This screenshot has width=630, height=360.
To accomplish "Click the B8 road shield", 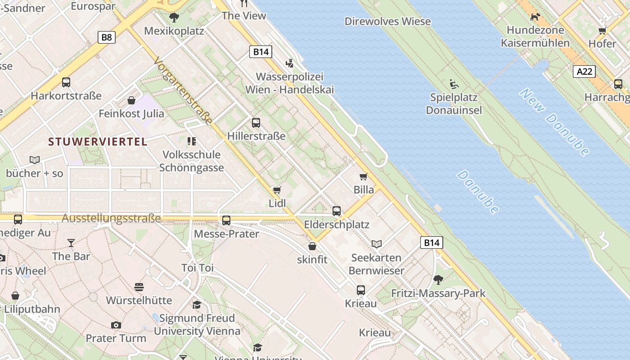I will [107, 37].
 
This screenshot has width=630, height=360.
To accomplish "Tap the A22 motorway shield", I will [585, 71].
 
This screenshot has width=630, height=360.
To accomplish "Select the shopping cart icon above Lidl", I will [277, 190].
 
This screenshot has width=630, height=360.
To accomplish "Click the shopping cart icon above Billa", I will [363, 176].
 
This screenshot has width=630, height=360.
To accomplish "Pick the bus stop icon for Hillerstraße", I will [256, 122].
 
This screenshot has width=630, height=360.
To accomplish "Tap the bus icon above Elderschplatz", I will [336, 211].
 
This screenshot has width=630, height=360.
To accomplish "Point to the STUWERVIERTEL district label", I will [98, 142].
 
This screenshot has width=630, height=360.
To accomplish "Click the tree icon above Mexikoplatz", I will [174, 18].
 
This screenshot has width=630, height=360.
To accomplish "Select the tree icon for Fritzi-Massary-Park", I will [438, 280].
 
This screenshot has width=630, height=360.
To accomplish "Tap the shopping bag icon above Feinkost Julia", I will [131, 100].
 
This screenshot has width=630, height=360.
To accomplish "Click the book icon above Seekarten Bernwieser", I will [377, 244].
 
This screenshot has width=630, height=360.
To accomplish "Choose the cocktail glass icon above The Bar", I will [71, 243].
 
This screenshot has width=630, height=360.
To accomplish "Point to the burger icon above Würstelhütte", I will [139, 287].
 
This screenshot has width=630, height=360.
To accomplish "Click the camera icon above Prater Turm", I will [116, 325].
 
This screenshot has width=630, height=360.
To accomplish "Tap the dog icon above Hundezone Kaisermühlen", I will [535, 17].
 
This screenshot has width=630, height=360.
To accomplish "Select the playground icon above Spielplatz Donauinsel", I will [454, 84].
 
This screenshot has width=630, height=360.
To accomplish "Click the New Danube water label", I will [554, 121].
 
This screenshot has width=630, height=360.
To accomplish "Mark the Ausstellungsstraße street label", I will [111, 219].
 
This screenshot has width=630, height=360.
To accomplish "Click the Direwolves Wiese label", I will [387, 21].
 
